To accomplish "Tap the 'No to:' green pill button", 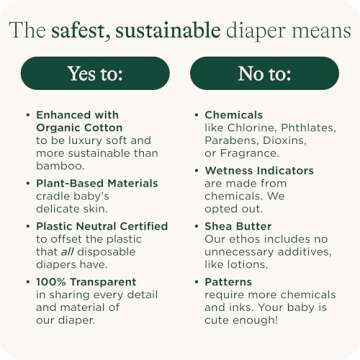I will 264,72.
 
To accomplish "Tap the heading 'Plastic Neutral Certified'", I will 103,227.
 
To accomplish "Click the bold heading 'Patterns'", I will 229,283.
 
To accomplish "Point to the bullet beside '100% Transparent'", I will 28,283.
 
